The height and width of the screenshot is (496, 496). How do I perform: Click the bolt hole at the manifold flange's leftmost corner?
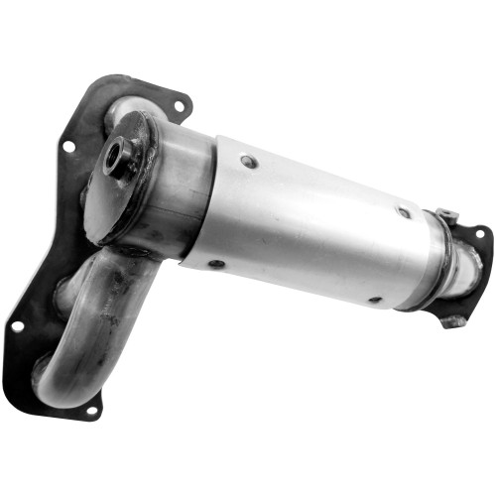pos(17,325)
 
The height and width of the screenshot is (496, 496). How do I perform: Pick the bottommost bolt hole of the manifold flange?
pos(90,409)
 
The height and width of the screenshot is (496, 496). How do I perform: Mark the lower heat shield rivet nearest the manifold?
pos(214,264)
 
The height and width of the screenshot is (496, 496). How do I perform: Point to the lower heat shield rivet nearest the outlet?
pos(374,299)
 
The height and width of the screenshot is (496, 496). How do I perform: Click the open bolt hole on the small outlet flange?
pos(479,235)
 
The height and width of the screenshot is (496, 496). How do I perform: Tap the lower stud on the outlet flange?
pos(454,320)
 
